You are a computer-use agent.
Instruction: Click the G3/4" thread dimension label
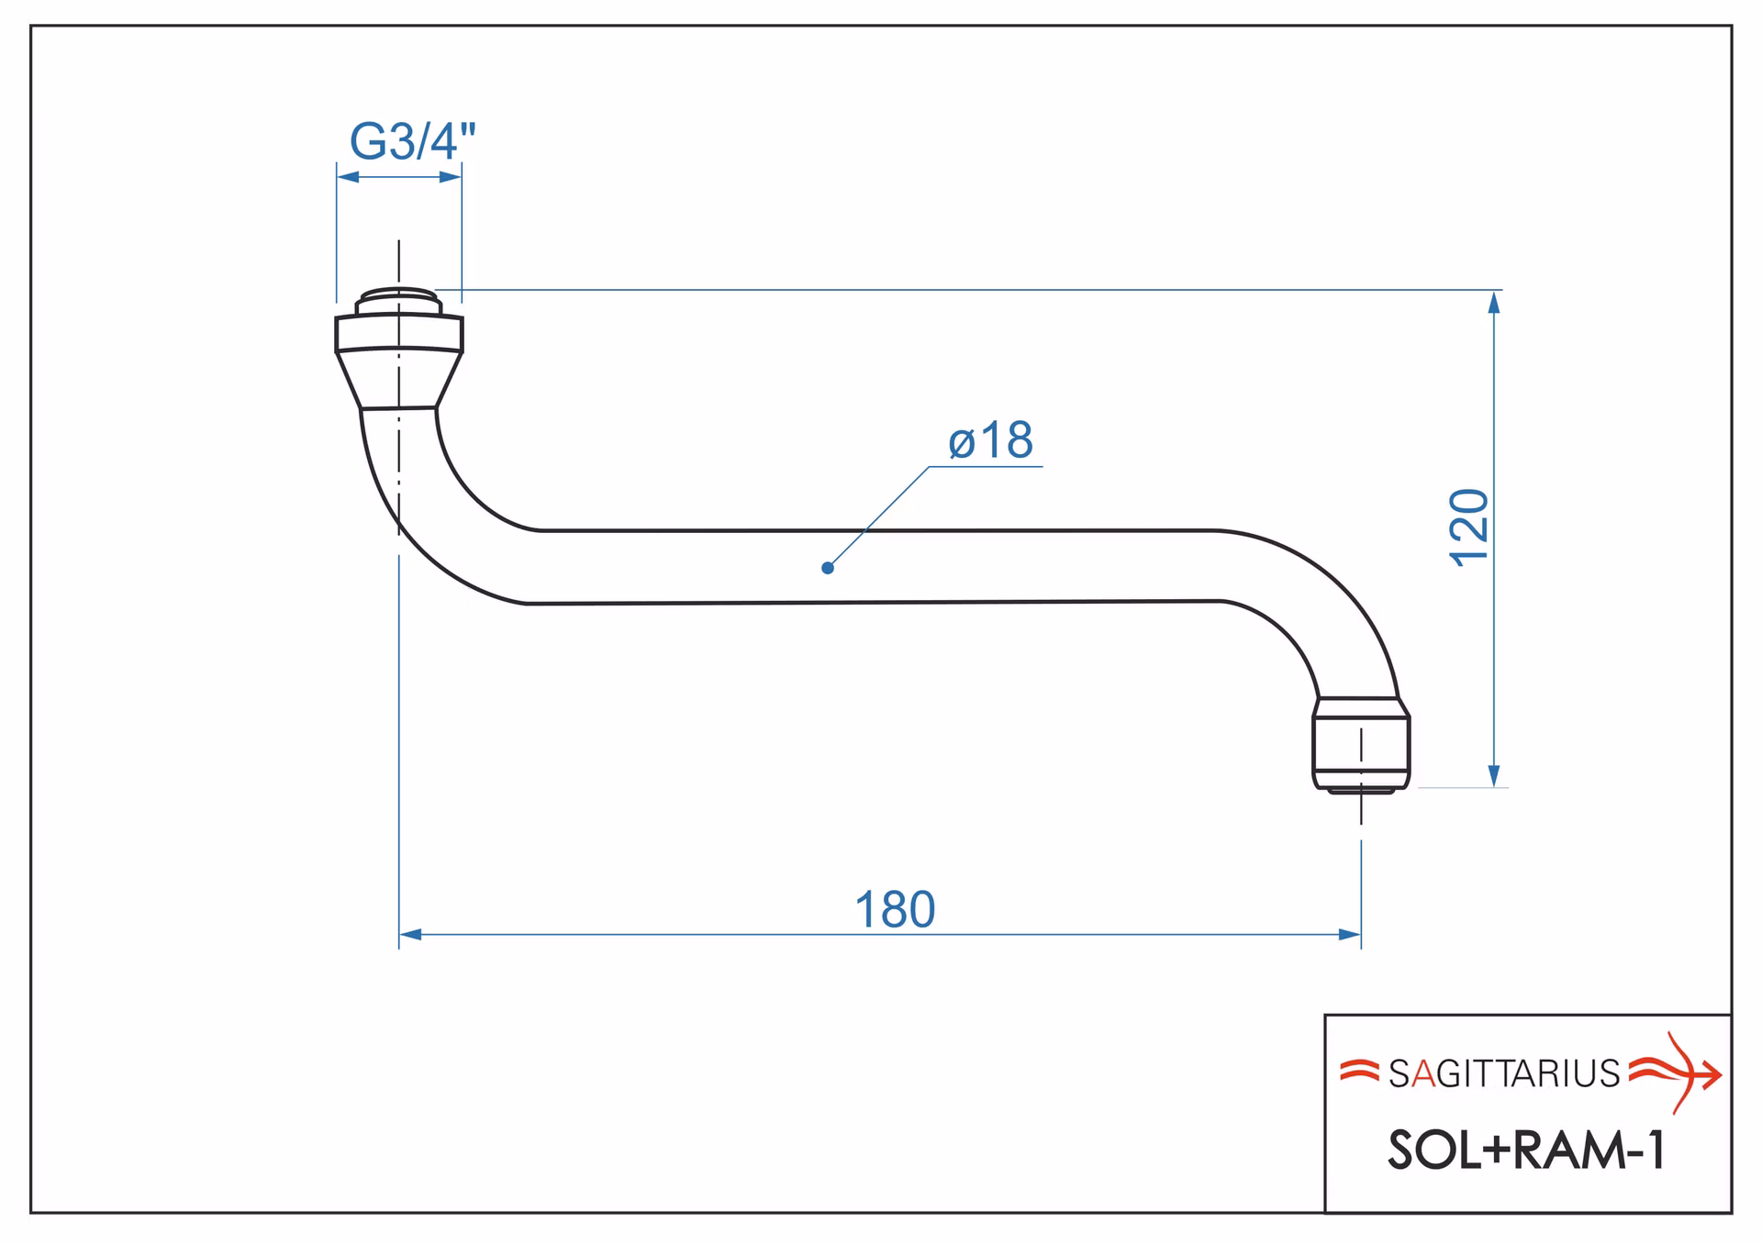(x=413, y=141)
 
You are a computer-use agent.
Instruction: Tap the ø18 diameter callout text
(x=990, y=440)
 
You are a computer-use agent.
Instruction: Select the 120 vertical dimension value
(x=1469, y=528)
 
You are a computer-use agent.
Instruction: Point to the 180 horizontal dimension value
(x=895, y=910)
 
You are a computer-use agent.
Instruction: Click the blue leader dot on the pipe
(x=828, y=568)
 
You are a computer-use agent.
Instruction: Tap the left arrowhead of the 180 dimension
(x=410, y=935)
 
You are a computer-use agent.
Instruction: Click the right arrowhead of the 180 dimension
(x=1350, y=935)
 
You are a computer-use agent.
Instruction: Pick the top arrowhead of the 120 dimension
(x=1494, y=302)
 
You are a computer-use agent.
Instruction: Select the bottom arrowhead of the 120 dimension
(x=1494, y=776)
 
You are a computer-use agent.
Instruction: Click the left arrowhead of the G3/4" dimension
(x=348, y=177)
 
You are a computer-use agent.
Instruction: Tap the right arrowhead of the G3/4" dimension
(x=451, y=177)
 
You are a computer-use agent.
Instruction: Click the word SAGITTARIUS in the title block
(x=1504, y=1073)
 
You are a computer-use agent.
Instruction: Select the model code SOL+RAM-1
(x=1527, y=1150)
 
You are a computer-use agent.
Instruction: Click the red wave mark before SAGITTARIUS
(x=1359, y=1071)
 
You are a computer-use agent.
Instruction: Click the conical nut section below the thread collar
(x=399, y=379)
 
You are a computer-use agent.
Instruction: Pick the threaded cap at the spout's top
(x=399, y=301)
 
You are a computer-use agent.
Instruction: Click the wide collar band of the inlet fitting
(x=399, y=332)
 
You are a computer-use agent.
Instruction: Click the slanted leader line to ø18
(x=878, y=517)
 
